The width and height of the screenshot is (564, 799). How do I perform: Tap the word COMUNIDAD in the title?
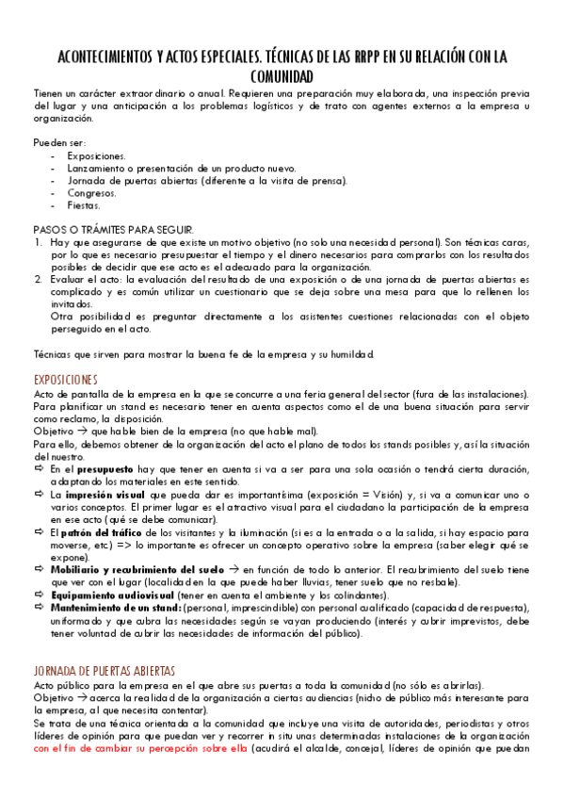(282, 75)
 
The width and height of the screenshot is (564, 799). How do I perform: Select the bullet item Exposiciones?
(97, 156)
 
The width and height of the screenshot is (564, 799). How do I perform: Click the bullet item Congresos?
(92, 192)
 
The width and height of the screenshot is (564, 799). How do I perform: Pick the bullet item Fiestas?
(84, 204)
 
